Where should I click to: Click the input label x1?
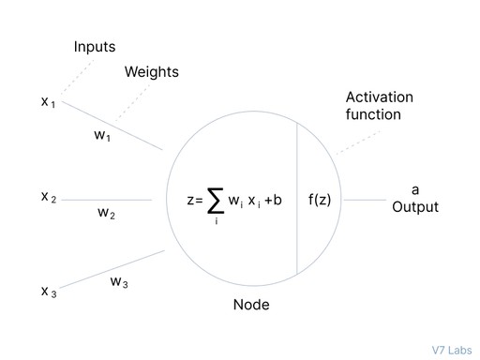point(48,101)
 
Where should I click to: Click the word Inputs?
point(96,47)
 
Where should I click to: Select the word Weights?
point(151,72)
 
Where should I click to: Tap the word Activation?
point(379,97)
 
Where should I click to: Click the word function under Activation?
point(373,114)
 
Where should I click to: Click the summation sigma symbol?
point(215,199)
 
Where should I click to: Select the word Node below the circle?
point(250,305)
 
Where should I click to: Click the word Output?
point(414,207)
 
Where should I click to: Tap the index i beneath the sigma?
point(215,220)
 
